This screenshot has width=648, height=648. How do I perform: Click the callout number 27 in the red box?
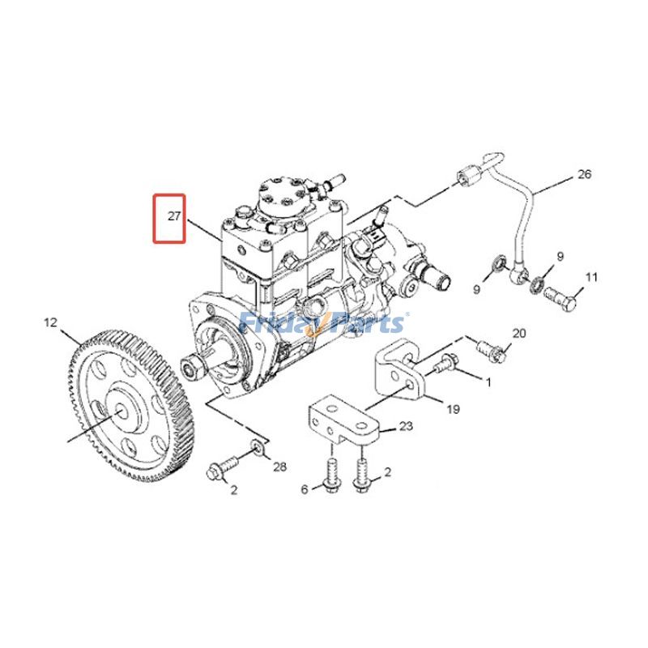(x=172, y=217)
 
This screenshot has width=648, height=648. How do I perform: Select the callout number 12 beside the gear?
(x=50, y=323)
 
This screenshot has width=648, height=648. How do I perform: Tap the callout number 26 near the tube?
(x=584, y=174)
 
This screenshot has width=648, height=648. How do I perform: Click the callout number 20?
(x=519, y=333)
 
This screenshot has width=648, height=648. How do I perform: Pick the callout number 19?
(x=453, y=409)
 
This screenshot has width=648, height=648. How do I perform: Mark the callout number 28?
(x=279, y=467)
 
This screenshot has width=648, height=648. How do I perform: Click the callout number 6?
(x=305, y=489)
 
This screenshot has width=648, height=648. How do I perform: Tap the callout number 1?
(x=488, y=380)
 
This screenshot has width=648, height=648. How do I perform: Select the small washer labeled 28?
(x=257, y=446)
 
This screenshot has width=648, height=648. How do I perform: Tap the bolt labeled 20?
(x=491, y=349)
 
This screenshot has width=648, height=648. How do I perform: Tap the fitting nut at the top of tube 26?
(x=468, y=174)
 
